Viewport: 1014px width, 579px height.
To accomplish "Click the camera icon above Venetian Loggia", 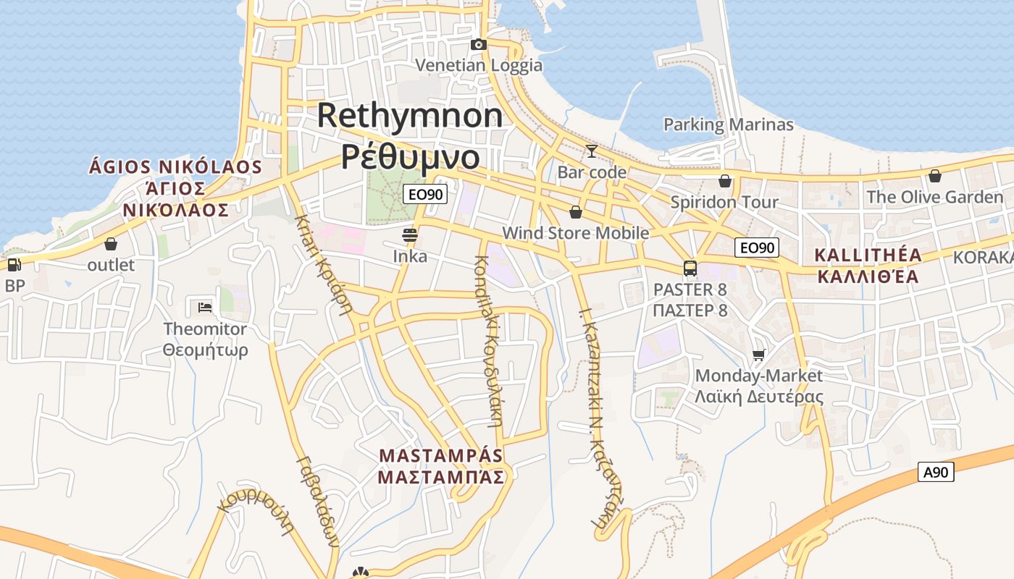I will coord(478,45).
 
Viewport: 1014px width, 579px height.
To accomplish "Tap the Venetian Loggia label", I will coord(479,65).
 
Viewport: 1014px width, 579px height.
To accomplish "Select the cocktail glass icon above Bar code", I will coord(592,151).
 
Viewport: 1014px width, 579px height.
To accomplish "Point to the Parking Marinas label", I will coord(729,124).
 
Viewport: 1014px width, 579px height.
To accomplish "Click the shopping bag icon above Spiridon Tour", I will coord(724,181).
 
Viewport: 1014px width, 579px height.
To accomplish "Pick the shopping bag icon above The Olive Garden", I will coord(935,176).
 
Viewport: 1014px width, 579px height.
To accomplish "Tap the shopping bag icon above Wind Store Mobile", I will coord(576,212).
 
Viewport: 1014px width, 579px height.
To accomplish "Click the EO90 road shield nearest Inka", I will coord(425,194).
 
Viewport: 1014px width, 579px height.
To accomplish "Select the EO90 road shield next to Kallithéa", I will coord(757,248).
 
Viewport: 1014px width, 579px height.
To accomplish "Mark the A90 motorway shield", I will coord(936,473).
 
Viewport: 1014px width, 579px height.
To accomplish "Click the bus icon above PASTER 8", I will coord(690,269).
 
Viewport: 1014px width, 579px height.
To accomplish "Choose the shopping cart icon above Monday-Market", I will coord(758,355).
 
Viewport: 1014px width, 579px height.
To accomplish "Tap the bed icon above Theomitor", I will coord(205,308).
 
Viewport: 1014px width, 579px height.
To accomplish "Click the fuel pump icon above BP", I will coord(14,265).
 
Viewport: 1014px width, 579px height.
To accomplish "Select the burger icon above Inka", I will coord(410,235).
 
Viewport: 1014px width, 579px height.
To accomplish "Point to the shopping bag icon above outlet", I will coord(111,244).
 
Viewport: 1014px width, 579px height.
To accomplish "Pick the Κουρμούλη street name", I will coord(259,511).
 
